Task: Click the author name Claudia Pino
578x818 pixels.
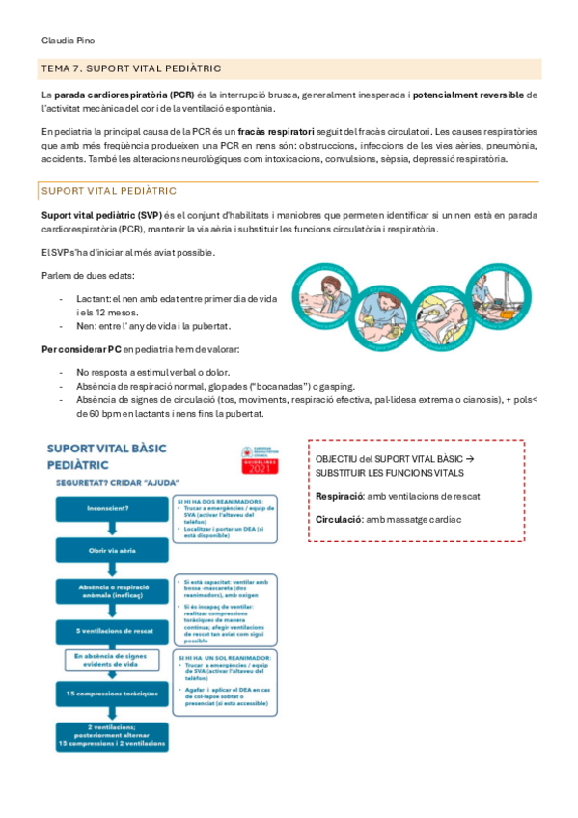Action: point(69,41)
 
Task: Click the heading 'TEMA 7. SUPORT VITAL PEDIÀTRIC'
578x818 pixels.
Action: point(132,68)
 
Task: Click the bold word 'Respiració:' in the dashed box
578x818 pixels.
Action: point(339,496)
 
